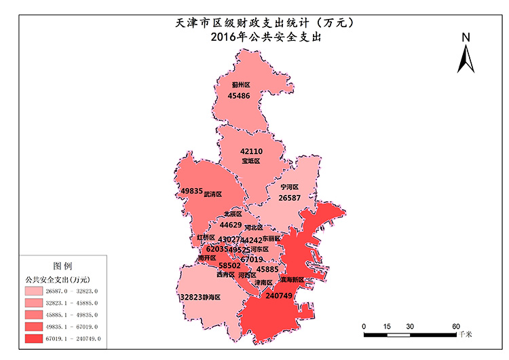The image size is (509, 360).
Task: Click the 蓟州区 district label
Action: click(x=240, y=85)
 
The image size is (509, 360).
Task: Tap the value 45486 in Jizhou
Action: click(x=239, y=96)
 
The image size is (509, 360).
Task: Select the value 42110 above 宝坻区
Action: click(x=251, y=151)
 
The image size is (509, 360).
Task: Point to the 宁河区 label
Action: click(x=289, y=187)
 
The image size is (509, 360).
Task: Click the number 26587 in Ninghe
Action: click(x=288, y=198)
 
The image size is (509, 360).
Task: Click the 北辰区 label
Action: click(x=233, y=214)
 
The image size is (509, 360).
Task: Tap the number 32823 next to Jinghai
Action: click(x=192, y=297)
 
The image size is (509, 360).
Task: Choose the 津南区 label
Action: click(x=263, y=282)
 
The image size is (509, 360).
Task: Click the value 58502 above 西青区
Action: click(x=229, y=266)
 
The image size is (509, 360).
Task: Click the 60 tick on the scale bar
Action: click(x=456, y=326)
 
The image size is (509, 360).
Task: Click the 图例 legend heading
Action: click(x=62, y=265)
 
